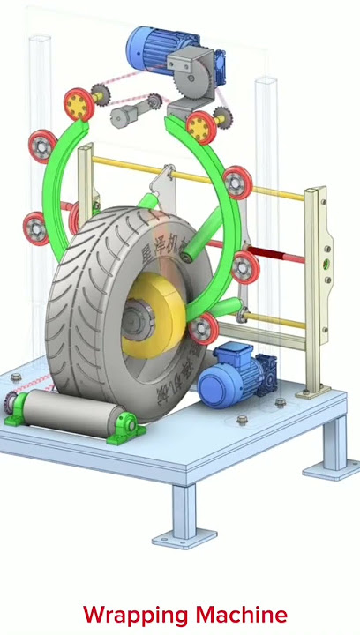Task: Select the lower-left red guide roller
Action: click(36, 228)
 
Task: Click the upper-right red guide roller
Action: click(236, 183)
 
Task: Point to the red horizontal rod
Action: click(282, 258)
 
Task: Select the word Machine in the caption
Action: click(241, 615)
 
